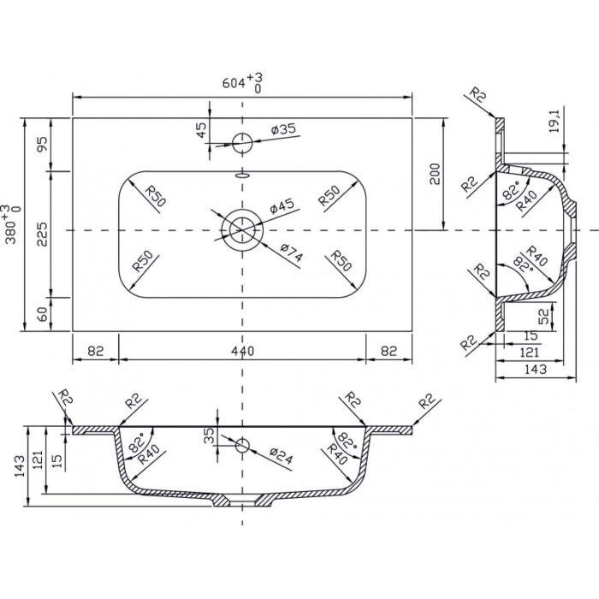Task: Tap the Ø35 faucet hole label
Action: pos(283,129)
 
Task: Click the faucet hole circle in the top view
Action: pos(242,143)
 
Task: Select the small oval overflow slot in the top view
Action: pos(242,175)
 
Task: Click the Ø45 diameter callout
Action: pos(282,206)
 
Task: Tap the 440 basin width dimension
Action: pos(242,351)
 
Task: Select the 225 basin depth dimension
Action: pos(43,234)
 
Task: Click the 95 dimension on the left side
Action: pos(43,144)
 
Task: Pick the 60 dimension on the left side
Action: pos(43,314)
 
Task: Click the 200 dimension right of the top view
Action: pos(435,175)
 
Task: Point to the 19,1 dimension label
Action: pos(555,122)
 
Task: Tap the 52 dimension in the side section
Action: pos(543,316)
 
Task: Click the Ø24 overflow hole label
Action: pos(281,455)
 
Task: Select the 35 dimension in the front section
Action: pos(209,436)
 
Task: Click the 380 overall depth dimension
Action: pos(11,224)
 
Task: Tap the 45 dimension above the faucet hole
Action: pos(201,129)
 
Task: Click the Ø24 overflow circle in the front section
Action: pos(242,446)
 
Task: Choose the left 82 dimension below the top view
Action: pos(96,351)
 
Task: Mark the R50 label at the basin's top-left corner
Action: pos(156,196)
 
